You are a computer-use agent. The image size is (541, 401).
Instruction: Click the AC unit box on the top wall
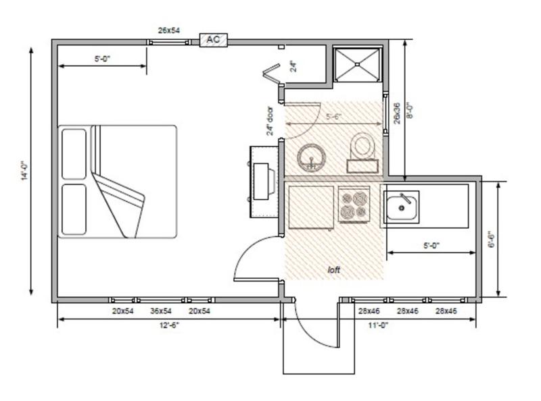pos(213,40)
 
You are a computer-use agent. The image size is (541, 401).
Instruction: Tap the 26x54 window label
pos(169,30)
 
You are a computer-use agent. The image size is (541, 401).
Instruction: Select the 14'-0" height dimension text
pos(24,171)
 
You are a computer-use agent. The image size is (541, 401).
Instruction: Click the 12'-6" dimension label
pos(169,325)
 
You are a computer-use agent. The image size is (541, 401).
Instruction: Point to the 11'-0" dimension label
pos(378,325)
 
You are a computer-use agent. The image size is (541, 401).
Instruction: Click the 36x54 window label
pos(161,311)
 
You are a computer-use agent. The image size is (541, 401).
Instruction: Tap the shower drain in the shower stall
pos(357,64)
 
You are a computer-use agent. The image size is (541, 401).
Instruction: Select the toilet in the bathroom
pos(362,153)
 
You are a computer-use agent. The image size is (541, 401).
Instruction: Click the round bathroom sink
pos(312,158)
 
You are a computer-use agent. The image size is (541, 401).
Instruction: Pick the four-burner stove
pos(354,205)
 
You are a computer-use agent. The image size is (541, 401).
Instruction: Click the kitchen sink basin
pos(401,207)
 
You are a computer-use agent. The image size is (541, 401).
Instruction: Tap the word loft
pos(333,269)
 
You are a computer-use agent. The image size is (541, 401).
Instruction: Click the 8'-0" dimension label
pos(410,110)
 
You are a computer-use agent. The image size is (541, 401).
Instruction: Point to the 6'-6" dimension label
pos(492,239)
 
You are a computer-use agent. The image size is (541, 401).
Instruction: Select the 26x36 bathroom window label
pos(397,113)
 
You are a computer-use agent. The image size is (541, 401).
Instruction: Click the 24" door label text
pos(270,121)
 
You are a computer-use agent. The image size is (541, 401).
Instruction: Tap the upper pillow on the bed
pos(74,154)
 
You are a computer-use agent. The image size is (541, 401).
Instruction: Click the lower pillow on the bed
pos(74,209)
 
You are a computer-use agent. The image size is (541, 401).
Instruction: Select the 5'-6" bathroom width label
pos(333,116)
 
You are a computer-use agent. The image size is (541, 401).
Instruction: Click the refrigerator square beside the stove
pos(311,207)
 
